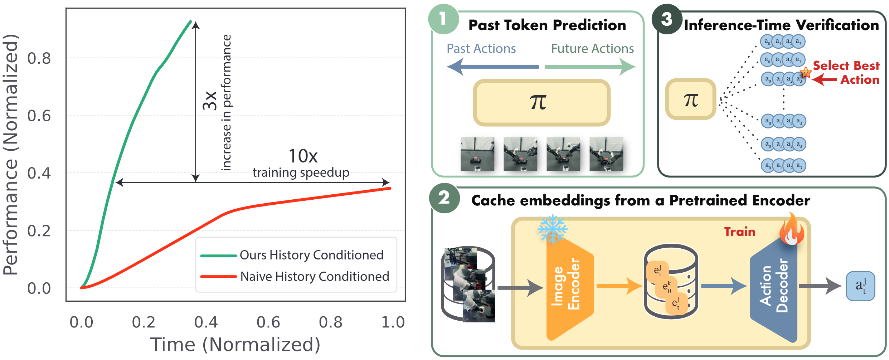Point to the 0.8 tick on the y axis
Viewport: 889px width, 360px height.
pos(39,58)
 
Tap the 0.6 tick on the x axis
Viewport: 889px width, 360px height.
pos(268,322)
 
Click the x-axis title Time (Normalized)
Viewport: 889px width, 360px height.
pos(235,345)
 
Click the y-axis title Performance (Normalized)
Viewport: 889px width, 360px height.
pos(11,155)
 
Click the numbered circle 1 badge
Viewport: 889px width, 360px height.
pos(443,19)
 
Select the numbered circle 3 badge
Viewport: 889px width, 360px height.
pos(667,19)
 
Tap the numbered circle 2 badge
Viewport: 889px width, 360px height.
pos(444,198)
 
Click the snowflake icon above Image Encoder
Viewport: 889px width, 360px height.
pos(553,229)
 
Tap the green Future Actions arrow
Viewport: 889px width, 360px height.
pos(590,67)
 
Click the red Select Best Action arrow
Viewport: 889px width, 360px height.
pos(824,79)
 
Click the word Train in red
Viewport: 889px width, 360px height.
pos(739,232)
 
